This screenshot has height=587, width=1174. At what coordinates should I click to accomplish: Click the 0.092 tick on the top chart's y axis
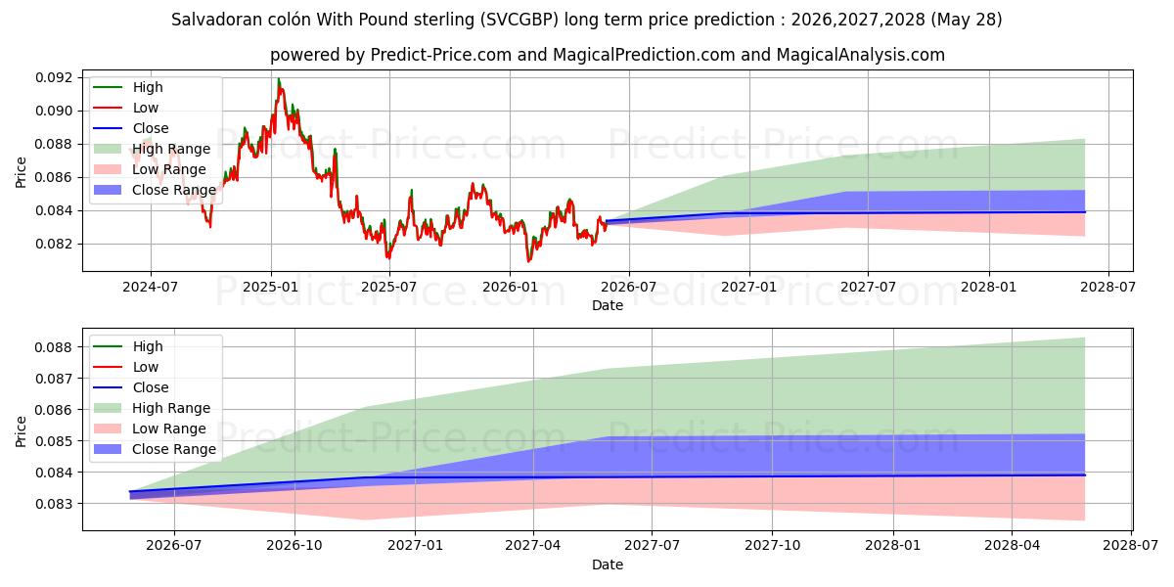coord(54,78)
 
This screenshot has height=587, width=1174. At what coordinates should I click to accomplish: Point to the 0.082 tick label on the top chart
coord(54,245)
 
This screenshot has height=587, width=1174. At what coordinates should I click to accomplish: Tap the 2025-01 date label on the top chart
coord(270,288)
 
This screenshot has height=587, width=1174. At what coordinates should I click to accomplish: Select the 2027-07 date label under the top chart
coord(868,288)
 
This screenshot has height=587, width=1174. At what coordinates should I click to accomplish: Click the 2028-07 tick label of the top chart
coord(1107,288)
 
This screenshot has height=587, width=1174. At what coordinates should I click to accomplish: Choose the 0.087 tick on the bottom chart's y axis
coord(54,379)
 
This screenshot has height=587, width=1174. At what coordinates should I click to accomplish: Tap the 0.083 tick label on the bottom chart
coord(54,504)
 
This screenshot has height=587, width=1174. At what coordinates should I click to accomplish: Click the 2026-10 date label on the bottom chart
coord(294,546)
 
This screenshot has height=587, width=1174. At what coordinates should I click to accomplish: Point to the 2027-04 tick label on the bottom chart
coord(533,546)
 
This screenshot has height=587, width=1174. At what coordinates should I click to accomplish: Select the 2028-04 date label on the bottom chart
coord(1012,546)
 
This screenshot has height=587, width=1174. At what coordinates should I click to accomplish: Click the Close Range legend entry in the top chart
coord(155,190)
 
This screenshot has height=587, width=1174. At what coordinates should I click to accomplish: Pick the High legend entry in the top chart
coord(128,87)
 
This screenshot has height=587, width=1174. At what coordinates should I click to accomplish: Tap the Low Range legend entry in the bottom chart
coord(150,429)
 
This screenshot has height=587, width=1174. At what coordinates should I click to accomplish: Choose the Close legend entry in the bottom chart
coord(131,387)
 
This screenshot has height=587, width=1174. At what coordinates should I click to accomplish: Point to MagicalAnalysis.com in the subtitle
coord(861,55)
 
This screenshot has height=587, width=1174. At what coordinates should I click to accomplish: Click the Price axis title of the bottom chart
coord(21,431)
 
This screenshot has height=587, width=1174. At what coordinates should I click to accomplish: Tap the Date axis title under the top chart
coord(608,305)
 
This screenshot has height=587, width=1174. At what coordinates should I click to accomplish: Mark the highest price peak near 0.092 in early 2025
coord(279,78)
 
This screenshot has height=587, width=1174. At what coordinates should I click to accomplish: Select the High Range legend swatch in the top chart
coord(108,149)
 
